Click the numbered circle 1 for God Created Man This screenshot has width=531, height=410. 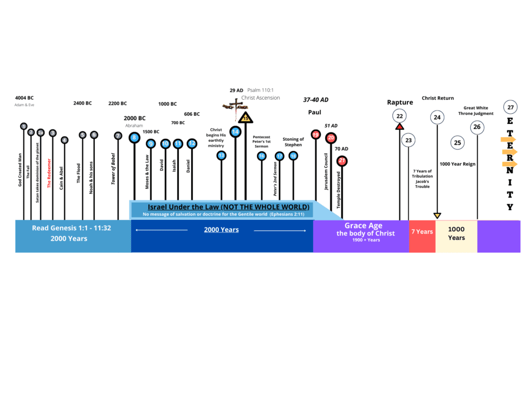click(x=24, y=126)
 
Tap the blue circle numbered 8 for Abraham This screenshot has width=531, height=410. click(x=134, y=138)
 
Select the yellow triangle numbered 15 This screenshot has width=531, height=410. click(x=245, y=118)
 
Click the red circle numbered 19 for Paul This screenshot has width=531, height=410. click(x=316, y=134)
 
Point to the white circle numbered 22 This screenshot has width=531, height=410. click(x=399, y=116)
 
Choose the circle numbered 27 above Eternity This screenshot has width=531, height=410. click(x=510, y=107)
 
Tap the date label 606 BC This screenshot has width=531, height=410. click(x=192, y=114)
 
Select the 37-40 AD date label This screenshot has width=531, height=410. click(x=315, y=100)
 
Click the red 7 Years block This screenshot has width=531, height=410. click(x=422, y=232)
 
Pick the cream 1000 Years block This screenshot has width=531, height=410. click(x=456, y=233)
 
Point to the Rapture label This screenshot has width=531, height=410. click(x=400, y=102)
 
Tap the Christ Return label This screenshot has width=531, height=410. click(x=438, y=98)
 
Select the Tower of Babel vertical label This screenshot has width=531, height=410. click(x=114, y=168)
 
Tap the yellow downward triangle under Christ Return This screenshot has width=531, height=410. click(x=437, y=215)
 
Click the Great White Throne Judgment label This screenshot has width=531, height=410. click(x=478, y=110)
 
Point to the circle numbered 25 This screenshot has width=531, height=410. click(x=458, y=142)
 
